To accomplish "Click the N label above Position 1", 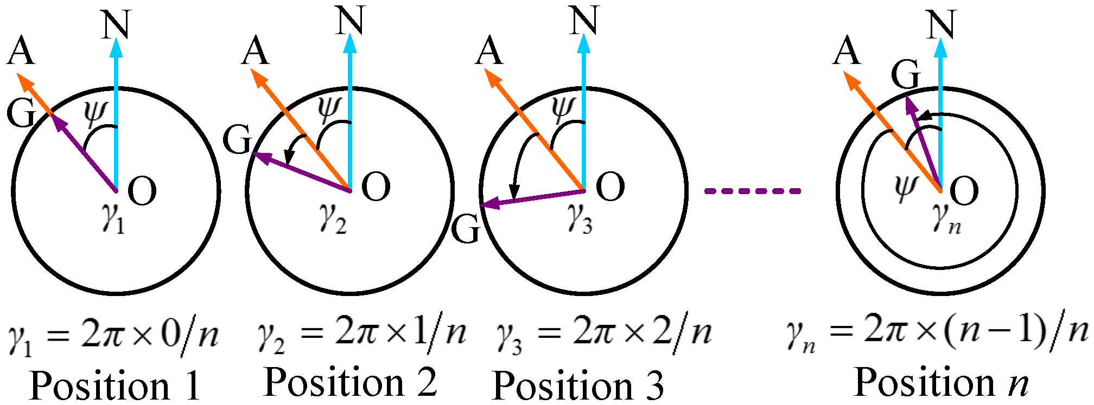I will [x=116, y=25].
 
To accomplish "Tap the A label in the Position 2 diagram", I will [x=256, y=52].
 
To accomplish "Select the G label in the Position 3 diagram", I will [x=466, y=230].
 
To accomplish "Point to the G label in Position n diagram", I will [x=906, y=74].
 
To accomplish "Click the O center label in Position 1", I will [x=142, y=191].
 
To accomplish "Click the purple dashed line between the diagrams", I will [x=752, y=191].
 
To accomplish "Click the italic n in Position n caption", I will [x=1018, y=383].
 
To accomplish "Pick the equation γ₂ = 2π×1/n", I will [x=361, y=333].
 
